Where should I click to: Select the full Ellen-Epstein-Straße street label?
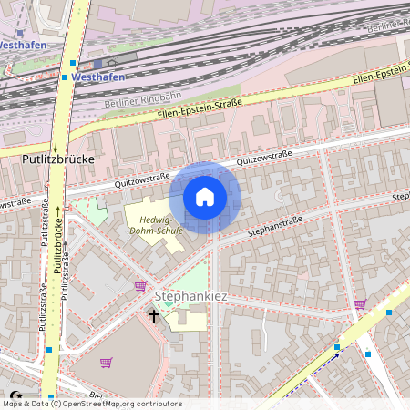[199, 109]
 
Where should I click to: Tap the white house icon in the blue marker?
[205, 196]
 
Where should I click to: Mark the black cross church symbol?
[154, 316]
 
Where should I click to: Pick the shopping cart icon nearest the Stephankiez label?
[140, 286]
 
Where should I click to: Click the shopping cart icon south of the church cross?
[106, 363]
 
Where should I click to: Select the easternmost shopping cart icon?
[360, 304]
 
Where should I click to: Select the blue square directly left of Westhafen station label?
[65, 77]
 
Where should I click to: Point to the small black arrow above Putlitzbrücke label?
[55, 146]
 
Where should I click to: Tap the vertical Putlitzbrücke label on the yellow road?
[57, 246]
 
